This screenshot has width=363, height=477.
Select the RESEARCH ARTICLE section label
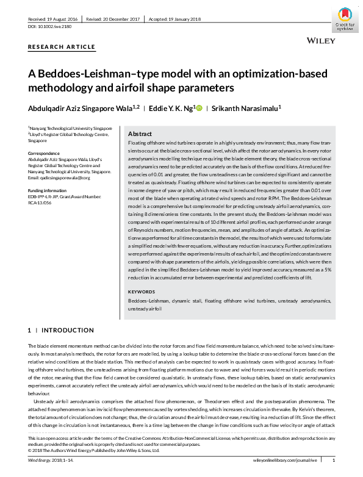[62, 47]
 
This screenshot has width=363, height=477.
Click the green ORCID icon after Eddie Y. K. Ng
[198, 108]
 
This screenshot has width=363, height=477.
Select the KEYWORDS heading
[142, 292]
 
